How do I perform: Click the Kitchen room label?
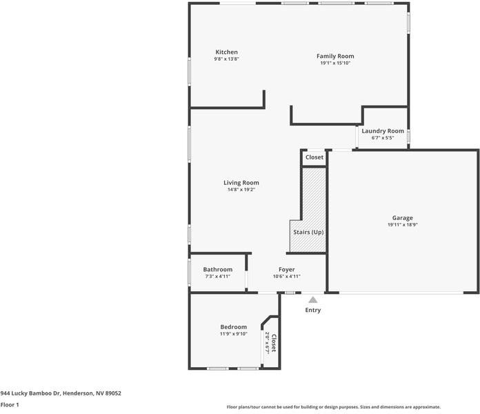point(226,52)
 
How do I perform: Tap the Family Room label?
point(335,56)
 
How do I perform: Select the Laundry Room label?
point(383,131)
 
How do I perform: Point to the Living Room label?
point(241,183)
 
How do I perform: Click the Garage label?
point(403,218)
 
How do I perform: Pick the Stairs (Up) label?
point(308,232)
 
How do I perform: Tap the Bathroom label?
point(217,269)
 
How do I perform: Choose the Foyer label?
point(286,269)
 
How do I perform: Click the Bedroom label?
point(233,327)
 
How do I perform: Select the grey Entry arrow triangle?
point(312,300)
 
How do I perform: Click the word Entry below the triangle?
point(313,310)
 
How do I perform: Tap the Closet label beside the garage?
point(314,157)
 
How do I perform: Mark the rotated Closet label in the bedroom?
point(273,343)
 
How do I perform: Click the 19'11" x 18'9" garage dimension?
point(403,225)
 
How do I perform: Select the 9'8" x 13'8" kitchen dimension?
point(226,59)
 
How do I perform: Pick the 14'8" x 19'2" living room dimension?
point(241,190)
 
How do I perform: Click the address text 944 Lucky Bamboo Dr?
point(61,393)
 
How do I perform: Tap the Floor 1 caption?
point(10,405)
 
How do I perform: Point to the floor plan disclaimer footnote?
point(334,407)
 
